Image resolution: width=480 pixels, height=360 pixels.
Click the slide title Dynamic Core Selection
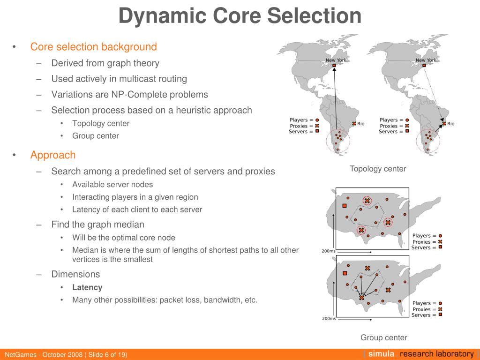coord(240,16)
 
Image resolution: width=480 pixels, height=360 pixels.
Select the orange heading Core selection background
coord(93,47)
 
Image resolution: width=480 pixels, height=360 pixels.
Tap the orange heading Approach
coord(53,155)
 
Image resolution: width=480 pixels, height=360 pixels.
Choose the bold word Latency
coord(87,287)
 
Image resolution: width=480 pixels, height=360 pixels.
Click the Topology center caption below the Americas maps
coord(378,169)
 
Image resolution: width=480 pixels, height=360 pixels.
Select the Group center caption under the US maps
coord(384,337)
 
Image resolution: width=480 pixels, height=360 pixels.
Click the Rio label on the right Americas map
coord(450,124)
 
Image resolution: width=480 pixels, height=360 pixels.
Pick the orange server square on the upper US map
coord(345,206)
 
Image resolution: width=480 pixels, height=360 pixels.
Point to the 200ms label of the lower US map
coord(329,319)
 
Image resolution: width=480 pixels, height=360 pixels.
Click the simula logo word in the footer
coord(381,354)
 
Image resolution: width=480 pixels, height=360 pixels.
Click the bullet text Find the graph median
coord(97,225)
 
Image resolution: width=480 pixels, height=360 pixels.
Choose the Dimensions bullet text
coord(75,274)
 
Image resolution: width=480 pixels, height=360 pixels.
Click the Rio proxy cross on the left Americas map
coord(354,124)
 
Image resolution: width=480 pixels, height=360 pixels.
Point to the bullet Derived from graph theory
coord(105,63)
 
